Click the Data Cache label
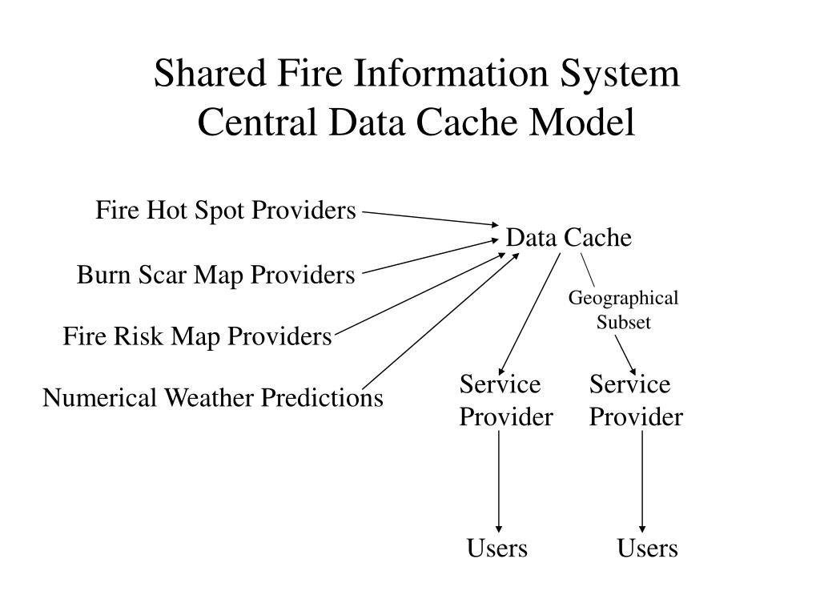click(569, 238)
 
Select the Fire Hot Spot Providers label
click(226, 211)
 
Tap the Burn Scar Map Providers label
click(215, 275)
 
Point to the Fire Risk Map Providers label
click(197, 337)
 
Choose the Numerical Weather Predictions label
click(213, 398)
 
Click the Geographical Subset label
click(623, 310)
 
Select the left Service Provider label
click(505, 400)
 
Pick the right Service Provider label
click(636, 400)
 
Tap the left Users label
click(497, 549)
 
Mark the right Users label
click(647, 549)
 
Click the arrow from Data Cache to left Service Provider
click(529, 312)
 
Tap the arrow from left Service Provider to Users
click(499, 480)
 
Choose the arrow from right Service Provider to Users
click(642, 480)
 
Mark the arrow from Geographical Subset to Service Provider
click(625, 355)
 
